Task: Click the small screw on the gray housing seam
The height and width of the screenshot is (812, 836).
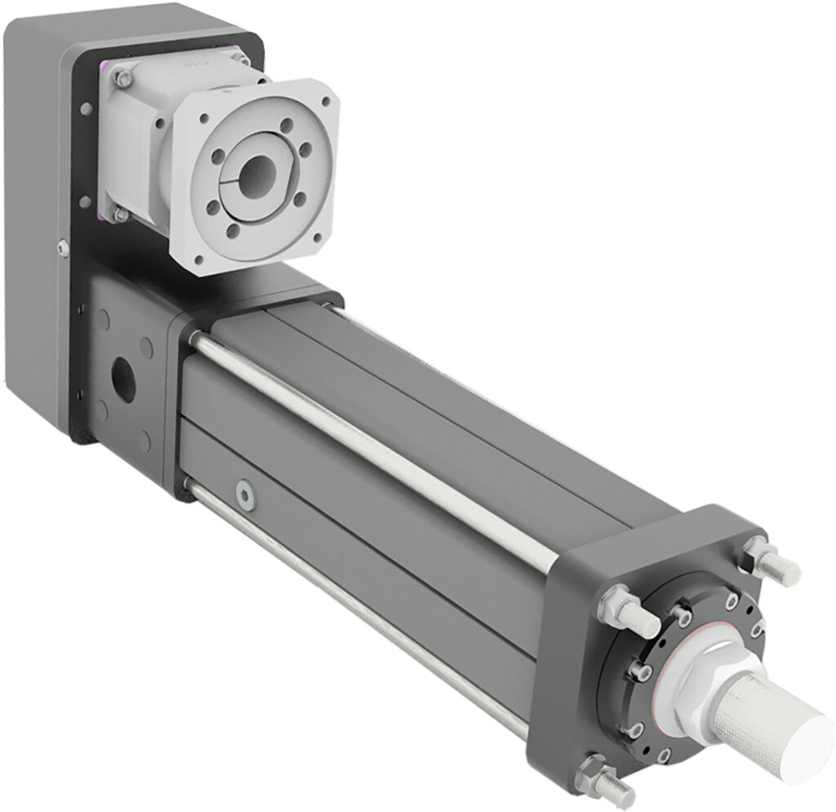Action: click(x=62, y=246)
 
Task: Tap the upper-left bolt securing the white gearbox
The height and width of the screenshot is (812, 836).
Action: click(x=122, y=78)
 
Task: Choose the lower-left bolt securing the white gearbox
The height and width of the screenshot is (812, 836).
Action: click(x=121, y=214)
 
